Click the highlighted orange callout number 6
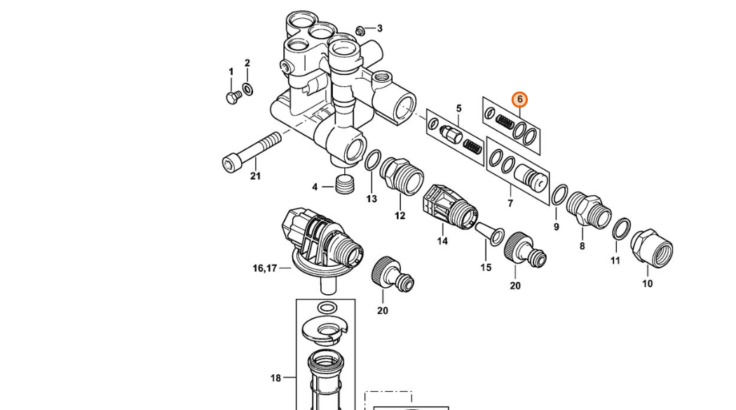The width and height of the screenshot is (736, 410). tap(519, 100)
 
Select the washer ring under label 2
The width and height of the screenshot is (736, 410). tap(247, 88)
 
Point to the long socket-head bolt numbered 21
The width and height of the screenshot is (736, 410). tap(251, 152)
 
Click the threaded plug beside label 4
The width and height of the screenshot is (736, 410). tap(345, 183)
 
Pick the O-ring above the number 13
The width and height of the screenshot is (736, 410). tap(373, 160)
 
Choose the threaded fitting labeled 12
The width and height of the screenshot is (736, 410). tap(402, 176)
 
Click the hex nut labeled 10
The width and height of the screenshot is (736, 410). tap(651, 249)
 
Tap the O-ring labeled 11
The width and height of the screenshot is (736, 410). tap(622, 228)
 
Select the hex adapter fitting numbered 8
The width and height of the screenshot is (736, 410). tap(588, 210)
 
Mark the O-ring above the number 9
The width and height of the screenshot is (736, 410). tap(559, 194)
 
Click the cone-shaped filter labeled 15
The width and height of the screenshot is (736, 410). tap(489, 234)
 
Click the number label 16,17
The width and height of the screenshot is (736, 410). tap(265, 268)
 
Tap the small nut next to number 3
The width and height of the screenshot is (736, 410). tap(360, 31)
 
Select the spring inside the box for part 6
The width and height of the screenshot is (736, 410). tap(505, 124)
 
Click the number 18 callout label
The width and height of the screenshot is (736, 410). tap(275, 378)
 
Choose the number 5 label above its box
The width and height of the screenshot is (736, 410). tap(458, 108)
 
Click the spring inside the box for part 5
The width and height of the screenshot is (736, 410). tap(472, 147)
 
